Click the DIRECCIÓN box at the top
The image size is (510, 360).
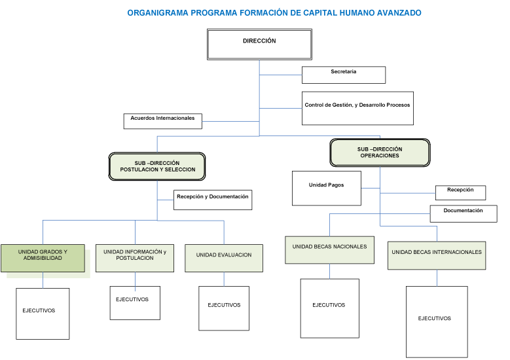(x=259, y=44)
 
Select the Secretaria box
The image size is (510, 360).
(x=343, y=75)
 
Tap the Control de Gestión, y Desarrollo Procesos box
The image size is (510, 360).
(x=357, y=107)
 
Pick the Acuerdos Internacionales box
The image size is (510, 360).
(x=162, y=121)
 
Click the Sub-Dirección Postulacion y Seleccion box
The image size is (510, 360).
(x=157, y=166)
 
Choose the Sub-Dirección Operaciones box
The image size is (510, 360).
(x=380, y=153)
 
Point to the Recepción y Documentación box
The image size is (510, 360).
(x=212, y=200)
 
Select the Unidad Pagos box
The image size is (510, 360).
(x=326, y=188)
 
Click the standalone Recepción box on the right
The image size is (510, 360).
(x=460, y=192)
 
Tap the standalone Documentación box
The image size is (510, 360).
(x=463, y=213)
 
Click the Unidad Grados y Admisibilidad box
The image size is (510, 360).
(x=43, y=258)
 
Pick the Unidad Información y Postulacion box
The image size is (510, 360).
(x=135, y=258)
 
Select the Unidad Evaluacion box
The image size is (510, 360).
(x=224, y=258)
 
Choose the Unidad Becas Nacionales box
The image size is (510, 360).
(x=329, y=250)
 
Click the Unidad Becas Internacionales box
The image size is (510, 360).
(x=437, y=255)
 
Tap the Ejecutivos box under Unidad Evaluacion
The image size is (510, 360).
(x=224, y=308)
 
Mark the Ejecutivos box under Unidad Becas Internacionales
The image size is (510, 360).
(x=436, y=321)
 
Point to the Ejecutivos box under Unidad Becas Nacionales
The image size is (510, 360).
(x=329, y=308)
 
